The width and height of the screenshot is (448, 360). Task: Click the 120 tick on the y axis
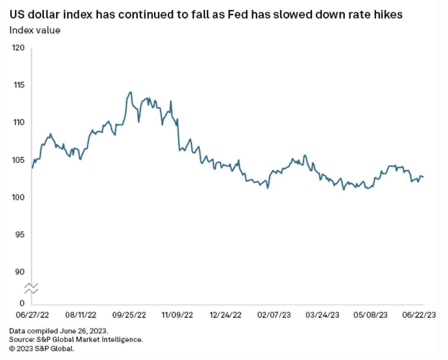pyautogui.click(x=19, y=48)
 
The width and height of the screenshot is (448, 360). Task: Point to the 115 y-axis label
pyautogui.click(x=19, y=85)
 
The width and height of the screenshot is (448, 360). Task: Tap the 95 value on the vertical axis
pyautogui.click(x=20, y=235)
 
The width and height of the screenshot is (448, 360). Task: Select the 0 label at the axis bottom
pyautogui.click(x=22, y=303)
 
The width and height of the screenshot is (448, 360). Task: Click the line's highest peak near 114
pyautogui.click(x=131, y=92)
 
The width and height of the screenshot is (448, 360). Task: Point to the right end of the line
pyautogui.click(x=424, y=177)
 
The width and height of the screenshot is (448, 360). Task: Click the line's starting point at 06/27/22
pyautogui.click(x=32, y=168)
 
